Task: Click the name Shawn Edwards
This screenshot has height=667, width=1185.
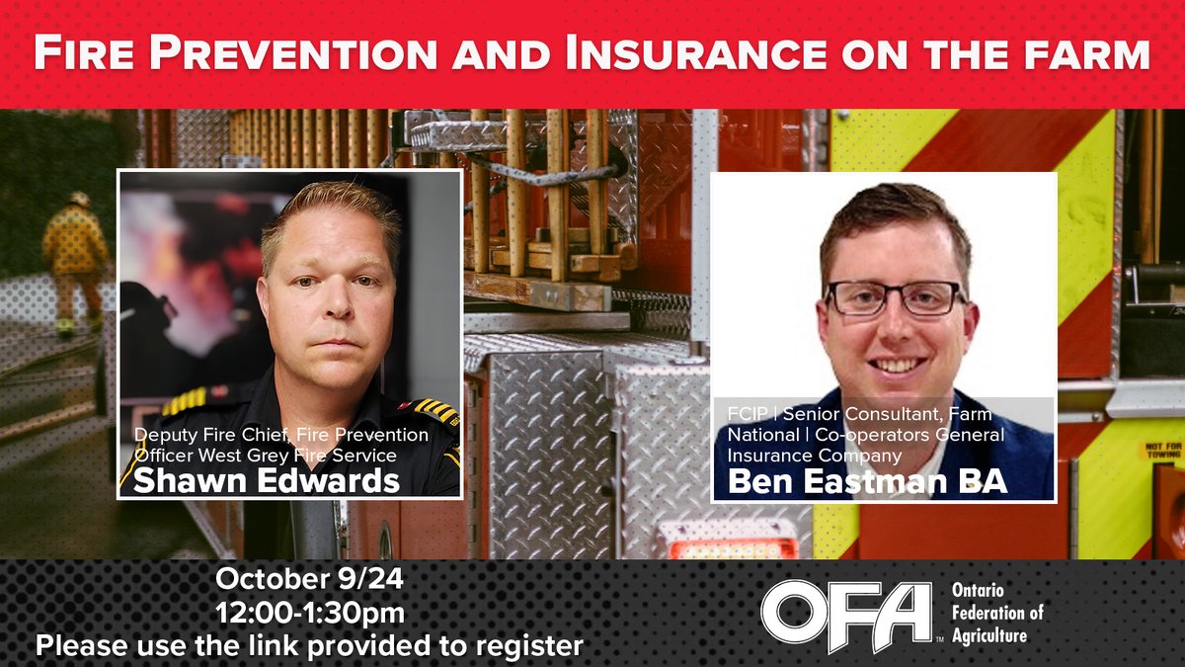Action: pos(267,480)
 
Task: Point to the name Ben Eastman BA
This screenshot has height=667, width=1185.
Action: pos(867,481)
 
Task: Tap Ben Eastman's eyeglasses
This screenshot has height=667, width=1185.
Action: pos(896,296)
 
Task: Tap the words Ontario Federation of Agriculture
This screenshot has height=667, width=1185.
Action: pos(996,612)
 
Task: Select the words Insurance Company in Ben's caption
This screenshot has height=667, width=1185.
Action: pos(814,456)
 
